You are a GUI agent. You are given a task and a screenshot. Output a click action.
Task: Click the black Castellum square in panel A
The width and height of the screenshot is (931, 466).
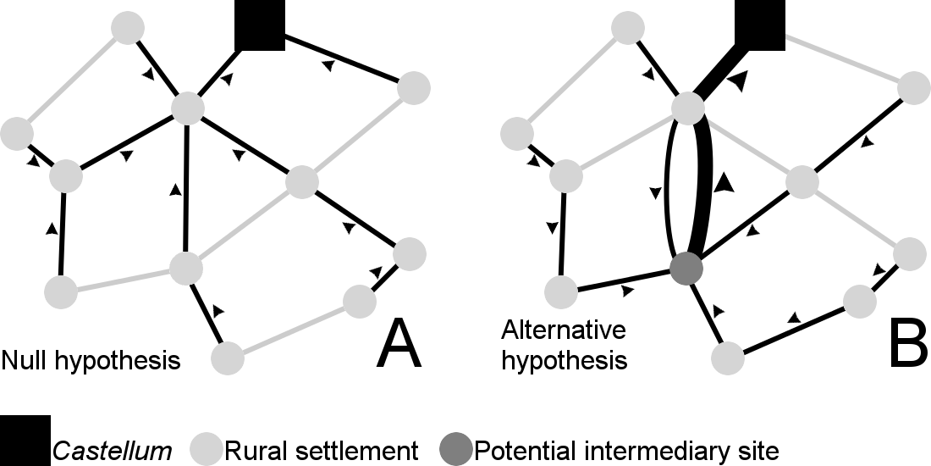point(259,24)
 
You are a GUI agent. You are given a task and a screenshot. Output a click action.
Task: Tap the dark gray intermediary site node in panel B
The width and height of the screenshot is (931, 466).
point(686,270)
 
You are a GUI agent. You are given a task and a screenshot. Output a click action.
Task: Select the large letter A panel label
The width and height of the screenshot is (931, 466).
point(399,344)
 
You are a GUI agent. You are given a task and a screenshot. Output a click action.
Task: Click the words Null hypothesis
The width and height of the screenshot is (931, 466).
point(91,360)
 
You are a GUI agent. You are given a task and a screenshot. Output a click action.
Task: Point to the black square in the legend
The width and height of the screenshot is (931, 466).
point(25,441)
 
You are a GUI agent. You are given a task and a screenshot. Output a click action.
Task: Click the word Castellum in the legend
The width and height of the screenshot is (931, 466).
point(112,449)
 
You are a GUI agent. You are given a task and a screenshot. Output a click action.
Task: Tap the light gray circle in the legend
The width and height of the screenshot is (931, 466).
point(206,449)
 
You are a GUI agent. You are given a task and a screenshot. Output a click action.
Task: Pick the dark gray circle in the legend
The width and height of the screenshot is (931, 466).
point(457,449)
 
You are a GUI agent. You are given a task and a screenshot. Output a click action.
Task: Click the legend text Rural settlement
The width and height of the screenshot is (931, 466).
point(322,449)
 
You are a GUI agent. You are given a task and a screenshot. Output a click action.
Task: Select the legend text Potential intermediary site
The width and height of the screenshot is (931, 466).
point(626,449)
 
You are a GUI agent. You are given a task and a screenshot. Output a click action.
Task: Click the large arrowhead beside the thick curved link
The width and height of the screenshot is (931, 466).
point(722,182)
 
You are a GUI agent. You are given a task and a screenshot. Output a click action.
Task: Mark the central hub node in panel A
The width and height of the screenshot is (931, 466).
point(189,108)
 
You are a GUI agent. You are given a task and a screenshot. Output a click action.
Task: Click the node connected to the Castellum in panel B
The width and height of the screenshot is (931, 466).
point(688,108)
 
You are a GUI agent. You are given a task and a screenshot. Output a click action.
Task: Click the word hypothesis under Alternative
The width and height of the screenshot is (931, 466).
point(564,360)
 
